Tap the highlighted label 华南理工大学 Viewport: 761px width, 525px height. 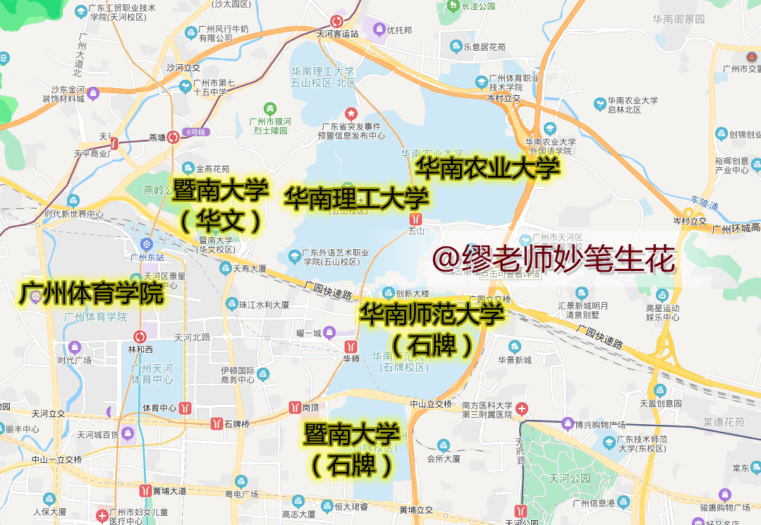[x=355, y=198]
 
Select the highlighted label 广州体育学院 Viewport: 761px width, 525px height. [x=92, y=294]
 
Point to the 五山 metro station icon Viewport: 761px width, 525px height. [x=416, y=219]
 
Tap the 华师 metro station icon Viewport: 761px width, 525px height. [x=351, y=346]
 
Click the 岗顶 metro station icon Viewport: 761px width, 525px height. [x=295, y=407]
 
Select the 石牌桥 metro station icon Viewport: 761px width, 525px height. [x=217, y=423]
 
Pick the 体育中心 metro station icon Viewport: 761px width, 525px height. [x=185, y=407]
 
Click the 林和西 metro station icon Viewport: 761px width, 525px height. [x=140, y=337]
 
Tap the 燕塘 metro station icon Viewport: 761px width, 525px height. [x=173, y=137]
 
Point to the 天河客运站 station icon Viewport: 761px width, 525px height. [x=337, y=21]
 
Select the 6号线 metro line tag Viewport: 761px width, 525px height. [x=195, y=132]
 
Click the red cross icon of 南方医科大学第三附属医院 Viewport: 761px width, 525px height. [x=522, y=409]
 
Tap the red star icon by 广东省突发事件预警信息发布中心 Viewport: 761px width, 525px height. [x=351, y=113]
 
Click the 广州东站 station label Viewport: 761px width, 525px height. [x=147, y=256]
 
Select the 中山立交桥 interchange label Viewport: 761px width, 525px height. [x=431, y=404]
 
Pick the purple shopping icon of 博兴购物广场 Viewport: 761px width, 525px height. [x=568, y=423]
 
